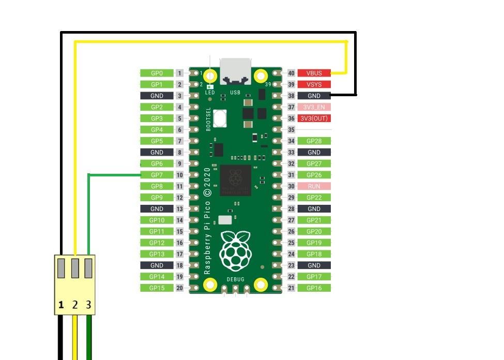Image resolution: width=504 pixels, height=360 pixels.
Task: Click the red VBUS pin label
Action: coord(314,73)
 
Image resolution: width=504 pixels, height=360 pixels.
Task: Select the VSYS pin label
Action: coord(314,84)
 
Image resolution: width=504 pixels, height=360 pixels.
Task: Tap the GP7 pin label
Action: coord(157,175)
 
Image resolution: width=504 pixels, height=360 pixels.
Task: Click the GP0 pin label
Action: coord(157,73)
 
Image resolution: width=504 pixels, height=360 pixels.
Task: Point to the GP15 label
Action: coord(157,288)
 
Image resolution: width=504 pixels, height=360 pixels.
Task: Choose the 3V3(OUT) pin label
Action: coord(314,118)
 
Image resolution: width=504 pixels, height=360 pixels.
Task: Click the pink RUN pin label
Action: coord(314,186)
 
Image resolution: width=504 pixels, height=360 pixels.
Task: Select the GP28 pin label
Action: coord(314,141)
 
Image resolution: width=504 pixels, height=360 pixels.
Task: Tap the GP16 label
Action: coord(314,288)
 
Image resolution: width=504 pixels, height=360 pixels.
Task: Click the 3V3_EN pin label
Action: coord(314,107)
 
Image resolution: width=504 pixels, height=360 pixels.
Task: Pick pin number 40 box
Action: coord(291,73)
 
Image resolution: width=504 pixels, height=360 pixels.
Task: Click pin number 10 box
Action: coord(179,175)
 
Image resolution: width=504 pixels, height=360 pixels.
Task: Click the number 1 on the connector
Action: coord(61,305)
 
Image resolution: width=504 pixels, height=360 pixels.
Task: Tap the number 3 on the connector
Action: coord(88,305)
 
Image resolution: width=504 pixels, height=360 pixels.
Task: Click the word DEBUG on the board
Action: coord(235,279)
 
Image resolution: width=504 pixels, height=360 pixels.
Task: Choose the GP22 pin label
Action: coord(314,198)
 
